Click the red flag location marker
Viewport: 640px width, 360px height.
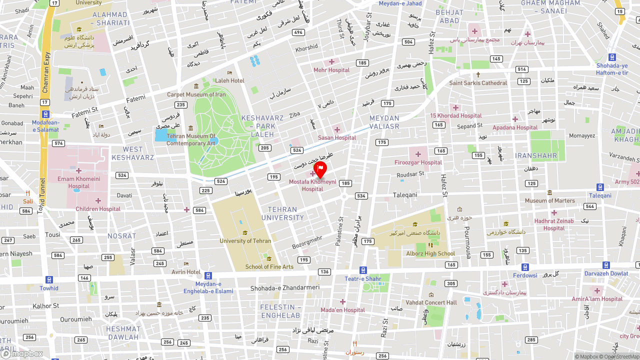[320, 169]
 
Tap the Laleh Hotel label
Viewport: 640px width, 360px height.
[229, 80]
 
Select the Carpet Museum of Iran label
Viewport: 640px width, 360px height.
[196, 94]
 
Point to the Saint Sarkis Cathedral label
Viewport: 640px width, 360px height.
[478, 83]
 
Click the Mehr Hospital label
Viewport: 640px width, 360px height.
[331, 70]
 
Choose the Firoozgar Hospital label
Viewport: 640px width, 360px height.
[418, 162]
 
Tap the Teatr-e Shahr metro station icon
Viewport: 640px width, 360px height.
[363, 270]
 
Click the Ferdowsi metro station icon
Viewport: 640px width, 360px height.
[525, 267]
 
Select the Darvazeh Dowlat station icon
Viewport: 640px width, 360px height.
[606, 265]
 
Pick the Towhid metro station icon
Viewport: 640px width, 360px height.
[49, 279]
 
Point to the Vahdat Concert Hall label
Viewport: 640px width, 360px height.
[431, 302]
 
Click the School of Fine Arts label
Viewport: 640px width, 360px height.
[269, 266]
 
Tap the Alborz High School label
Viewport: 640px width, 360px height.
[430, 253]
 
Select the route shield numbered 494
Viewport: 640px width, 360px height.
[298, 32]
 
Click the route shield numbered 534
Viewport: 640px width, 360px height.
[361, 195]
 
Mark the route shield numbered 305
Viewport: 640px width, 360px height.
[450, 283]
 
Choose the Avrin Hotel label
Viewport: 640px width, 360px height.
[186, 272]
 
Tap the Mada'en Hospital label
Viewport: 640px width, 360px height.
[342, 310]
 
